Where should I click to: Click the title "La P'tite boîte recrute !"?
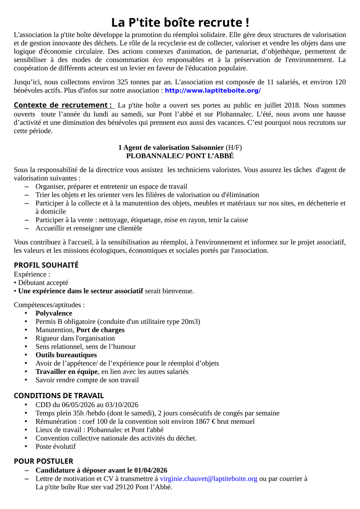point(180,22)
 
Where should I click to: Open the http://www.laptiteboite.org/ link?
point(212,91)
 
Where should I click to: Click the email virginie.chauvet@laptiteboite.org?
point(208,479)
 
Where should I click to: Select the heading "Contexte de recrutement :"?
point(63,105)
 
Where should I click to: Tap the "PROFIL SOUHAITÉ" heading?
point(46,265)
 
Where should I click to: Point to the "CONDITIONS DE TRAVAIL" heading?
point(59,395)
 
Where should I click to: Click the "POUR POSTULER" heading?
point(44,461)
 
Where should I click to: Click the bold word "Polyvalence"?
point(54,313)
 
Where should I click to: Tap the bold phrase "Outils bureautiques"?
point(66,355)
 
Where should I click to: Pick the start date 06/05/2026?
point(76,405)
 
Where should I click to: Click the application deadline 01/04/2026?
point(151,470)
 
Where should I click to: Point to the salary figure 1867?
point(203,421)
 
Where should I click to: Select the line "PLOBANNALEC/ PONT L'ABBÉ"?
point(180,156)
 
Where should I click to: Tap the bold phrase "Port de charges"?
point(100,330)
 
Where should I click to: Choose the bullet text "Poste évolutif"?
point(55,446)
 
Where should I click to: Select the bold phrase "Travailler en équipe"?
point(66,371)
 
